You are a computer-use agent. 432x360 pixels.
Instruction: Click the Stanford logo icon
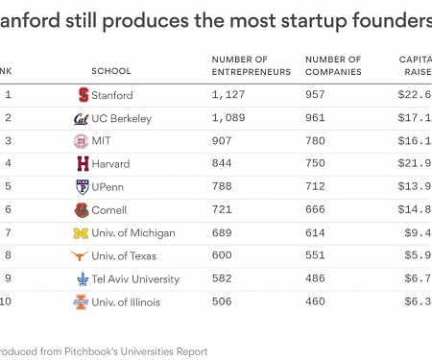(83, 95)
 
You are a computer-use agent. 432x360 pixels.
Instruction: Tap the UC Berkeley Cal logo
(82, 118)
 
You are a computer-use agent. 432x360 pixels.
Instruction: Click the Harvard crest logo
(83, 164)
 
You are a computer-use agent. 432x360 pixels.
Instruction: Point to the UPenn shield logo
(83, 187)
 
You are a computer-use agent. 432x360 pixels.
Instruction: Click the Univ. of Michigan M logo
(82, 233)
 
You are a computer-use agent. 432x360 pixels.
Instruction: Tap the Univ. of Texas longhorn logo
(82, 256)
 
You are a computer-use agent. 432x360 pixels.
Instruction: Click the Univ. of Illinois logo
(82, 302)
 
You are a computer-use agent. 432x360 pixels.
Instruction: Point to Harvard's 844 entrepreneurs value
(223, 164)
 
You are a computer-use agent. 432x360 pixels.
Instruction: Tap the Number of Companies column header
(333, 65)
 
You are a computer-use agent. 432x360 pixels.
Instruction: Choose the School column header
(111, 71)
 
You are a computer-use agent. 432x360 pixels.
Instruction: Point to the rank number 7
(8, 233)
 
